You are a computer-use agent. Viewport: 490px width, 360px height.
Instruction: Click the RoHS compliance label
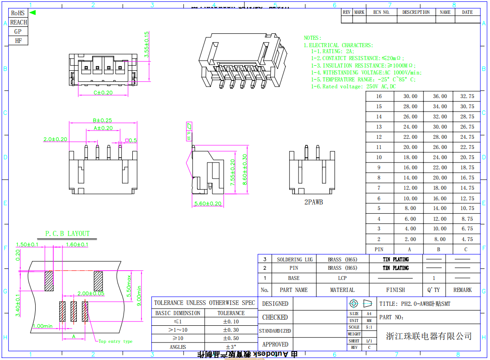click(x=18, y=13)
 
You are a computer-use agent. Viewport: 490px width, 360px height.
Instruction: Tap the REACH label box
click(x=19, y=22)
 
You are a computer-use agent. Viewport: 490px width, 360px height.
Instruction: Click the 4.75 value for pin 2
click(x=467, y=239)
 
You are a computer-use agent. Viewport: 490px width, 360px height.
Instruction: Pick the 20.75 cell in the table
click(x=467, y=157)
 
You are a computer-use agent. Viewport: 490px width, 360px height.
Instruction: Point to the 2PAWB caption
click(x=313, y=202)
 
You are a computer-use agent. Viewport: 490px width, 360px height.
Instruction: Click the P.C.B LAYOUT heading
click(x=68, y=234)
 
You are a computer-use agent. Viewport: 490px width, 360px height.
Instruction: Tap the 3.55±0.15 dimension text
click(x=147, y=44)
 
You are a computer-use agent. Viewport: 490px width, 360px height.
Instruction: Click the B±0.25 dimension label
click(x=102, y=120)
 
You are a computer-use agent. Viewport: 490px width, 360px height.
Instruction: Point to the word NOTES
click(x=312, y=37)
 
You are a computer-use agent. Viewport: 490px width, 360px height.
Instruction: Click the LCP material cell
click(x=342, y=278)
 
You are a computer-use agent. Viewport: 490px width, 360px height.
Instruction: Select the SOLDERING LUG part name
click(x=295, y=260)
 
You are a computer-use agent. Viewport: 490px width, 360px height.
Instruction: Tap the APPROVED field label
click(x=275, y=344)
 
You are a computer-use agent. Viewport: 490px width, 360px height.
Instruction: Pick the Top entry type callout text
click(x=115, y=341)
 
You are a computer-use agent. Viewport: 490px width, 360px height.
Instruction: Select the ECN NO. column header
click(x=381, y=12)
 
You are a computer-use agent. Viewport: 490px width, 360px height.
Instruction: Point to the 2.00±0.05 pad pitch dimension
click(x=91, y=293)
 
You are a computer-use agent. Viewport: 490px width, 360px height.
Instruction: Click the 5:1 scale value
click(x=369, y=327)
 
